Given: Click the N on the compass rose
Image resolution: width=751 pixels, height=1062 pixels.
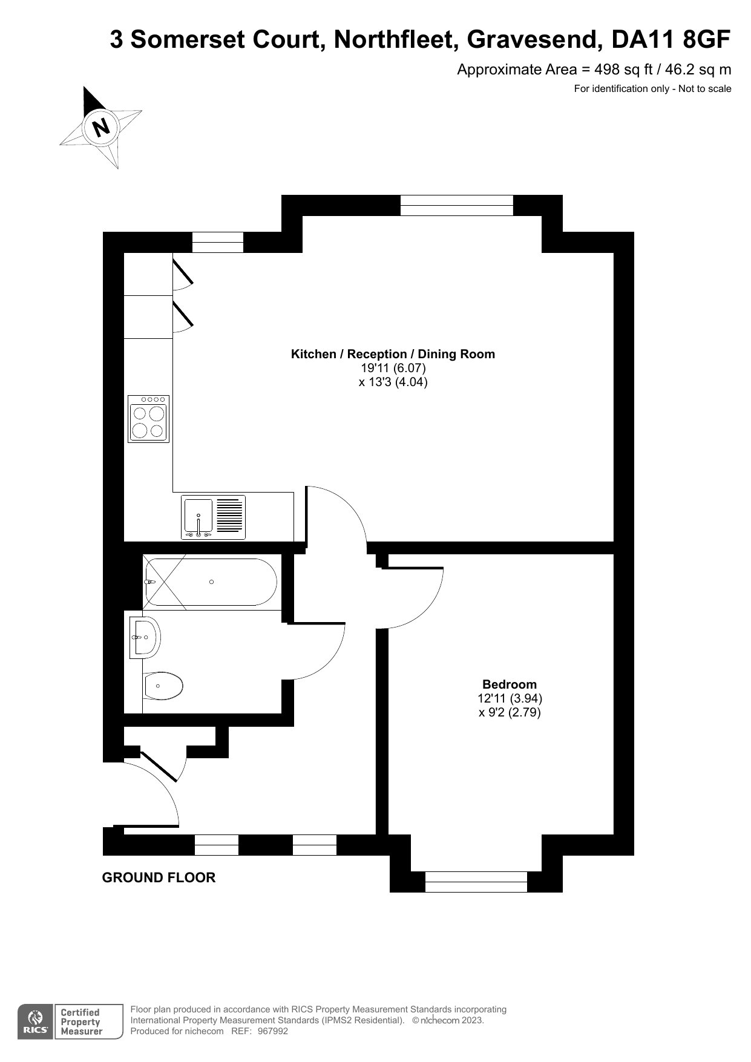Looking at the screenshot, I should click(x=100, y=127).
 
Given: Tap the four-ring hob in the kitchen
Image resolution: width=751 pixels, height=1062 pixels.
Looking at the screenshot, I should click(x=148, y=419).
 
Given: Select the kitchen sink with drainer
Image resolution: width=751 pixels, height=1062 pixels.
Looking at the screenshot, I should click(x=214, y=517).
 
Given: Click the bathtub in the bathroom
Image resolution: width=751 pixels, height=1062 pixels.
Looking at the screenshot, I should click(x=211, y=582).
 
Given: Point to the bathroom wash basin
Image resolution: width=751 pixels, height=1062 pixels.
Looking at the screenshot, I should click(x=145, y=637).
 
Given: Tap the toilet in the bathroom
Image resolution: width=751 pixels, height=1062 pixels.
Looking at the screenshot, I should click(x=163, y=686).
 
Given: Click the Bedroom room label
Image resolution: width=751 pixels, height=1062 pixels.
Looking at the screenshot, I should click(x=509, y=684).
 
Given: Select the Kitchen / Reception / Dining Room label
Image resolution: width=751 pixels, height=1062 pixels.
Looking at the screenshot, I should click(x=393, y=355).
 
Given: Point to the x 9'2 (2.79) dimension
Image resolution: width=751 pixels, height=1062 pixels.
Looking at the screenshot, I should click(x=510, y=712).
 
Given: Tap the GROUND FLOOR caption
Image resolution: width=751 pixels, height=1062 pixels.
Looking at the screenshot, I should click(x=159, y=877).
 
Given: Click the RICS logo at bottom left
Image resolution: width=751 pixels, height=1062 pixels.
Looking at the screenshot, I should click(x=35, y=1023).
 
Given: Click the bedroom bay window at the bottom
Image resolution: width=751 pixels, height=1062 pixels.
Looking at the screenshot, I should click(x=476, y=882).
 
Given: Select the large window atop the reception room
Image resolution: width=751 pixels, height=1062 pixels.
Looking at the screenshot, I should click(x=456, y=205).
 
